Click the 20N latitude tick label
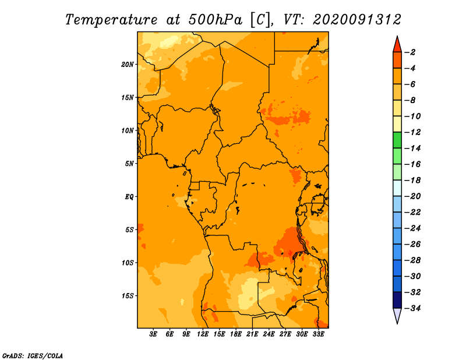point(128,65)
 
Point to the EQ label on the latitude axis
point(129,197)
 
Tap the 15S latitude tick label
point(128,296)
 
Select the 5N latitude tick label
point(129,164)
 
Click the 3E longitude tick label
point(153,334)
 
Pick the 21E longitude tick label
point(252,334)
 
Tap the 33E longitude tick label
point(318,334)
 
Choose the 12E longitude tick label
point(203,334)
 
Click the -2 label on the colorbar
point(410,52)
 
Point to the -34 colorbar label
point(413,308)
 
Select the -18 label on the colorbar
point(413,180)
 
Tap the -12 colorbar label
point(413,132)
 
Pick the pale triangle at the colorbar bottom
point(397,315)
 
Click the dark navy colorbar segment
point(397,300)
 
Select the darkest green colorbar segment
point(397,140)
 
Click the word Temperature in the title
point(111,20)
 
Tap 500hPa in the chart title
point(215,20)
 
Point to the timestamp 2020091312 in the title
point(357,20)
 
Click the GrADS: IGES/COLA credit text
point(33,355)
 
